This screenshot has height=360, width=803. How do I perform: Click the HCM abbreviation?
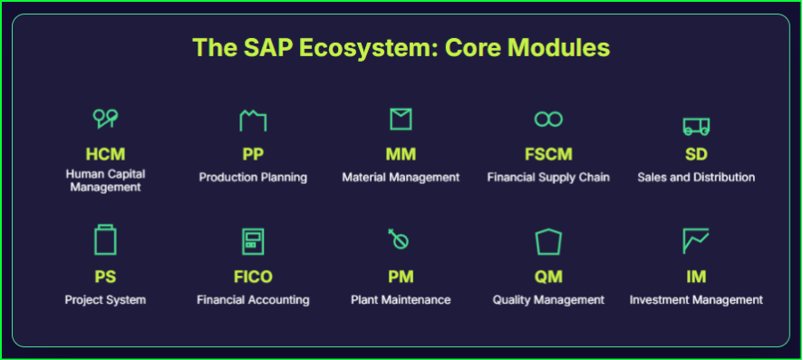pyautogui.click(x=105, y=154)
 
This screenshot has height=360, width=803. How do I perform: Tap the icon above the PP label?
pyautogui.click(x=253, y=120)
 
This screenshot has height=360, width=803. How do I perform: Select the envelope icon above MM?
pyautogui.click(x=401, y=119)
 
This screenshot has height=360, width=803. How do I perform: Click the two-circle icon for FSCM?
pyautogui.click(x=548, y=119)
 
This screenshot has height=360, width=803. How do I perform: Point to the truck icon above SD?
pyautogui.click(x=696, y=125)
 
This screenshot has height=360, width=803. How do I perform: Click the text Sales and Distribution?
pyautogui.click(x=696, y=177)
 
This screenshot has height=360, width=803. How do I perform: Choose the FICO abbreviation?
pyautogui.click(x=253, y=277)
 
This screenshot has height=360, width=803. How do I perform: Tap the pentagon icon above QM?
pyautogui.click(x=548, y=241)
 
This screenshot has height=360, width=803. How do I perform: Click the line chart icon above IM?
pyautogui.click(x=696, y=241)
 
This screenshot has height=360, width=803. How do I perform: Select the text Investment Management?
pyautogui.click(x=696, y=299)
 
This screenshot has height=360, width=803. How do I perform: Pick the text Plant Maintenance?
pyautogui.click(x=401, y=299)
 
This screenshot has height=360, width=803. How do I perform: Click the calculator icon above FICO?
pyautogui.click(x=253, y=241)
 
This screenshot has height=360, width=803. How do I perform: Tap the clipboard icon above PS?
pyautogui.click(x=105, y=240)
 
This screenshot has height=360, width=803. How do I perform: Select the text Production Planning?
pyautogui.click(x=253, y=177)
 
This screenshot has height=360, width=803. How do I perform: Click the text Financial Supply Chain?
pyautogui.click(x=548, y=177)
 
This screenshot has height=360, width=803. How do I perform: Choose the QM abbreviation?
pyautogui.click(x=548, y=277)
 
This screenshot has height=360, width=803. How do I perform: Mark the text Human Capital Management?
pyautogui.click(x=105, y=180)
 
